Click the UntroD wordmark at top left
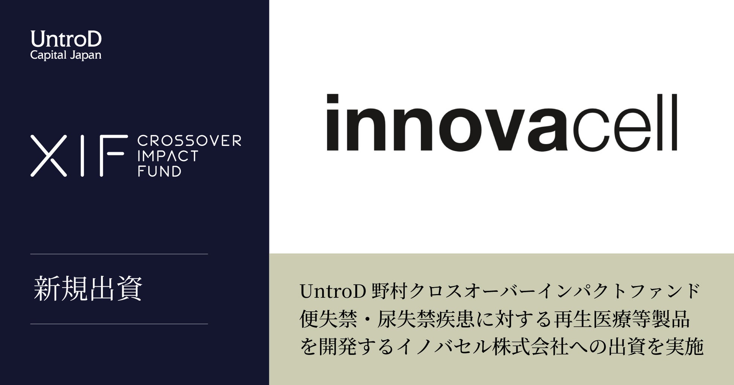point(66,39)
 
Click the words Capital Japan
point(66,55)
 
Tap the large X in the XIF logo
point(49,156)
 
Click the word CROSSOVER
point(189,141)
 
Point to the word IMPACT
point(168,156)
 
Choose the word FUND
point(159,171)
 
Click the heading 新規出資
point(88,289)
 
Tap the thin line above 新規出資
point(119,254)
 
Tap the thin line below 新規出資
point(119,324)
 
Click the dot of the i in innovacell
point(332,99)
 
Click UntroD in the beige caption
point(333,291)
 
